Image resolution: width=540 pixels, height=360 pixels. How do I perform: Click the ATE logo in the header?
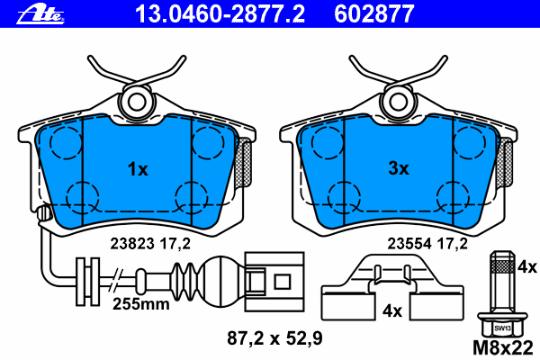40,14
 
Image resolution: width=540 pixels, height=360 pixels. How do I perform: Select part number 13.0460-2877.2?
220,14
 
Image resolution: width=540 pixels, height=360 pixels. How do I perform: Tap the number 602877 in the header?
374,14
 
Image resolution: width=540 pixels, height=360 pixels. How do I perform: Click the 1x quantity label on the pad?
138,169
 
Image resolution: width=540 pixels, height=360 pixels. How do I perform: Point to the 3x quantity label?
399,168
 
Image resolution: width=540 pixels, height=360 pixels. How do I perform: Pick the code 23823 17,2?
150,244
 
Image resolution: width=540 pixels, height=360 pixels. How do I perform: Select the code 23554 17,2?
427,244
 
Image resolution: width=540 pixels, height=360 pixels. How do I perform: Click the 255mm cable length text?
141,304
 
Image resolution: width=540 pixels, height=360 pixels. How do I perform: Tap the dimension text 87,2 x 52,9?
274,338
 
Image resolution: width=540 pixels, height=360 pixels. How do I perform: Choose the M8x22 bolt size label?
503,348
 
